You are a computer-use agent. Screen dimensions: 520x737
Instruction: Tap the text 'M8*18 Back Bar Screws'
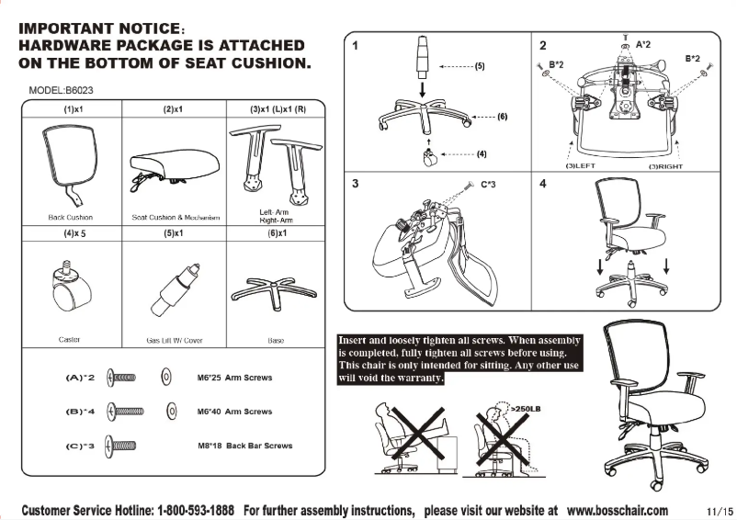[x=244, y=446]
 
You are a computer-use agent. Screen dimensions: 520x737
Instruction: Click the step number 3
[x=355, y=184]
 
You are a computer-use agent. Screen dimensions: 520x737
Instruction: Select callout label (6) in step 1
[x=502, y=117]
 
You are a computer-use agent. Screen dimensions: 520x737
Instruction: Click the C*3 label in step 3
[x=492, y=185]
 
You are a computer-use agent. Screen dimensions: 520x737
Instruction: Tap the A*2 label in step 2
[x=644, y=43]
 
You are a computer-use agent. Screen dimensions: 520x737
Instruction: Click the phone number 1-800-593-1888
[x=196, y=510]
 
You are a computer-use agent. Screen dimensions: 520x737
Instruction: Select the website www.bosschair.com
[x=618, y=510]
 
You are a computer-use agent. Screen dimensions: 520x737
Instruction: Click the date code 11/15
[x=720, y=511]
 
